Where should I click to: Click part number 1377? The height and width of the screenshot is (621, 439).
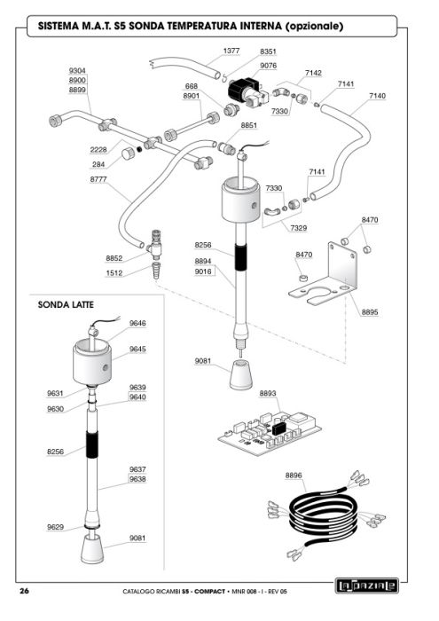pyautogui.click(x=231, y=51)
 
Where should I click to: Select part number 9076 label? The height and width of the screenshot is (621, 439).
pyautogui.click(x=268, y=66)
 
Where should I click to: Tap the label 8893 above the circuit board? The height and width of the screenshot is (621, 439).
pyautogui.click(x=268, y=393)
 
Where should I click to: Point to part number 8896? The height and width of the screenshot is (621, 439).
pyautogui.click(x=294, y=476)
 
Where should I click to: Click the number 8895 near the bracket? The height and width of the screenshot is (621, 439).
pyautogui.click(x=369, y=312)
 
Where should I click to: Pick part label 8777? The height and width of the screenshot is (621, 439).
pyautogui.click(x=98, y=179)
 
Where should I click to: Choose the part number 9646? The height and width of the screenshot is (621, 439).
pyautogui.click(x=137, y=323)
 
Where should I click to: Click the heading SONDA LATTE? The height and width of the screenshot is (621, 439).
pyautogui.click(x=66, y=305)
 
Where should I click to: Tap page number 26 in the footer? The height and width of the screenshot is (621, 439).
pyautogui.click(x=24, y=592)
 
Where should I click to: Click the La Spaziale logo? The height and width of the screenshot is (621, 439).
pyautogui.click(x=366, y=586)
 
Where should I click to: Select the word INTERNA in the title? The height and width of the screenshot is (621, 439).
pyautogui.click(x=261, y=26)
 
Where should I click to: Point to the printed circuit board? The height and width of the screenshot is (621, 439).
pyautogui.click(x=270, y=434)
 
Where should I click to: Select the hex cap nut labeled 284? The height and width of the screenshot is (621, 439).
pyautogui.click(x=128, y=153)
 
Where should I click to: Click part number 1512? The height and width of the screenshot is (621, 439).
pyautogui.click(x=114, y=273)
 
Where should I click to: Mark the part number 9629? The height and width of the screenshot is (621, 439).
pyautogui.click(x=55, y=527)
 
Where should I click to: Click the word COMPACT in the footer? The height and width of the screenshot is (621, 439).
pyautogui.click(x=210, y=592)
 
